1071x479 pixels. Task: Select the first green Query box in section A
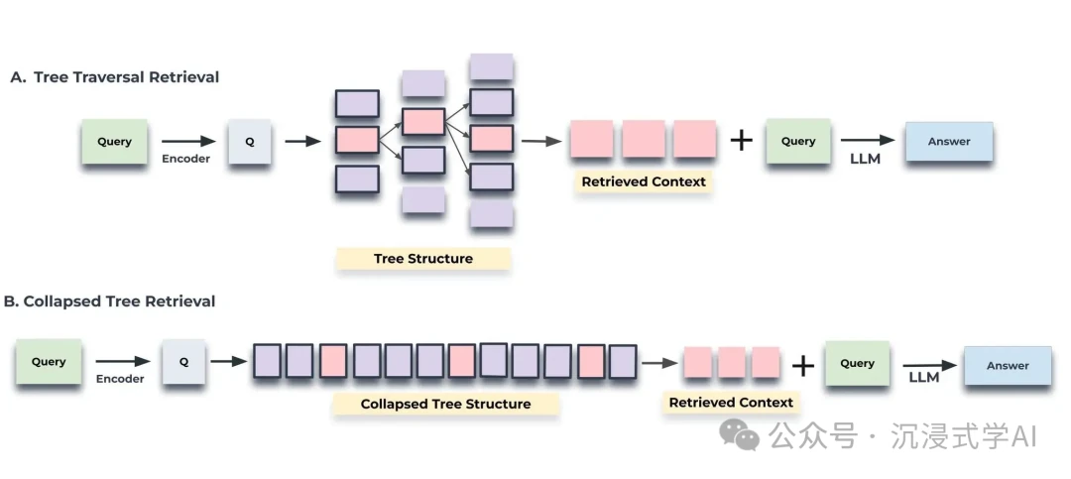(x=114, y=142)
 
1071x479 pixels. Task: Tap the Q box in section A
(x=250, y=142)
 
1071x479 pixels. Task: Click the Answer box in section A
(x=948, y=142)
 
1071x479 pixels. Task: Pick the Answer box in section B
(x=1008, y=365)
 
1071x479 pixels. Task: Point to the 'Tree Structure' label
(x=422, y=259)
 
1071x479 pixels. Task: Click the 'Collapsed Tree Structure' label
(x=445, y=404)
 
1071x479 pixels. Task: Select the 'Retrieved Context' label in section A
(x=644, y=181)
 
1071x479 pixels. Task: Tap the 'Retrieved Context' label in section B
(x=731, y=402)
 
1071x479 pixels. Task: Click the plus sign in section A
(x=741, y=141)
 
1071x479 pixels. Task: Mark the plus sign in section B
(x=802, y=366)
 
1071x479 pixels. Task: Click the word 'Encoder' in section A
(x=185, y=159)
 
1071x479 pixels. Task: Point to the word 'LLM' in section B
(x=924, y=378)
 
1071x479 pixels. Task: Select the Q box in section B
(x=183, y=362)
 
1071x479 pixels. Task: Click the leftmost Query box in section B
(x=48, y=362)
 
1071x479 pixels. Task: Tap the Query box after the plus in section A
(x=797, y=142)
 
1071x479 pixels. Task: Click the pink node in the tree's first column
(x=357, y=141)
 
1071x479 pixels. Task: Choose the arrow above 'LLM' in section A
(x=867, y=141)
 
